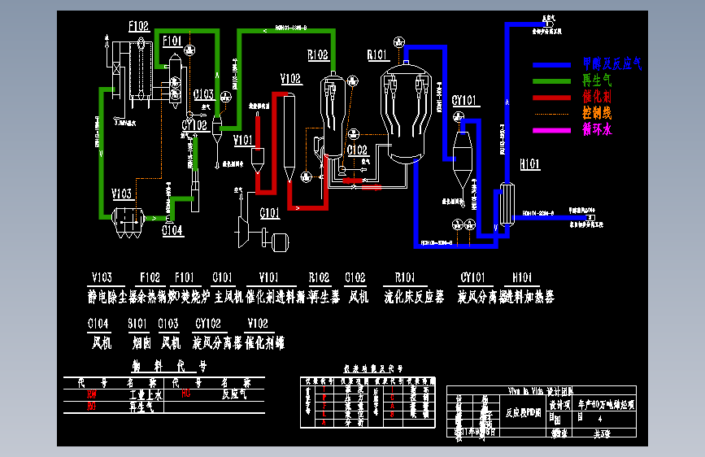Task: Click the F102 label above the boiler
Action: click(x=138, y=27)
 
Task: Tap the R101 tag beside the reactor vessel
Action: click(x=377, y=55)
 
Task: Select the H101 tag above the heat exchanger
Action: click(x=529, y=164)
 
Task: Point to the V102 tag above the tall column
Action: click(x=290, y=79)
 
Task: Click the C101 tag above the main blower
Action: click(x=270, y=213)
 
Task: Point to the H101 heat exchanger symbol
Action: click(x=508, y=203)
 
